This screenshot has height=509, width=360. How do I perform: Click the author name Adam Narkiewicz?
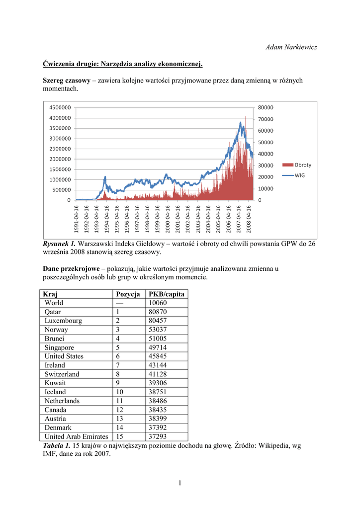pyautogui.click(x=291, y=47)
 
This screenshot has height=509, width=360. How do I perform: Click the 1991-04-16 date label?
pyautogui.click(x=76, y=219)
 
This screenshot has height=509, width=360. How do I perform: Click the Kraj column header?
pyautogui.click(x=51, y=294)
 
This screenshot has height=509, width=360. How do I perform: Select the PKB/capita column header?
pyautogui.click(x=167, y=294)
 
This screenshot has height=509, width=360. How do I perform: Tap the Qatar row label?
pyautogui.click(x=53, y=312)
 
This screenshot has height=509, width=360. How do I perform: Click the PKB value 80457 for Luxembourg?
pyautogui.click(x=158, y=321)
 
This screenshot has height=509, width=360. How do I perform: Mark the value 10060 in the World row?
pyautogui.click(x=158, y=303)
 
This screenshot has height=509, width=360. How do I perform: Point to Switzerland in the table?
pyautogui.click(x=62, y=374)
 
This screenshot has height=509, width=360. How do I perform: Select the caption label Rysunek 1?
pyautogui.click(x=59, y=244)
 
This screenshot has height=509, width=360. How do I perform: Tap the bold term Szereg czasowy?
pyautogui.click(x=66, y=80)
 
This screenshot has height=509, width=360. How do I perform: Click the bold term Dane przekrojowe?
pyautogui.click(x=71, y=269)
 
